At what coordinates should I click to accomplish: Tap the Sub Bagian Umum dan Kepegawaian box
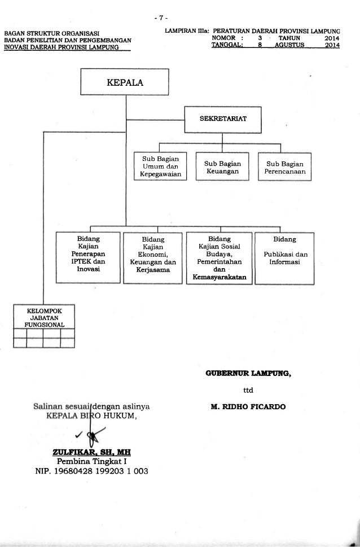point(160,167)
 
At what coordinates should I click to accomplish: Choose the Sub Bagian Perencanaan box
point(285,167)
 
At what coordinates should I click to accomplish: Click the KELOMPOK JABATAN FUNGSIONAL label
point(45,318)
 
